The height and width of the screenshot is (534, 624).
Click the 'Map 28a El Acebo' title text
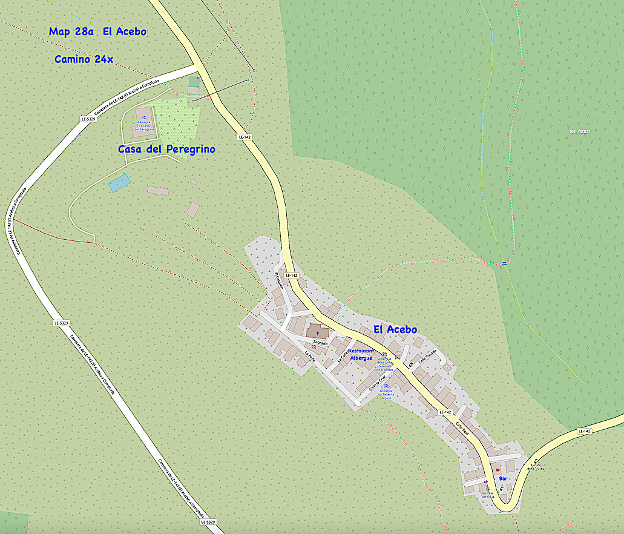tap(97, 31)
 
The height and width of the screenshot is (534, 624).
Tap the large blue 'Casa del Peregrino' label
tap(166, 149)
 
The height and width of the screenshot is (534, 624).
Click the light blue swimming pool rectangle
tap(119, 183)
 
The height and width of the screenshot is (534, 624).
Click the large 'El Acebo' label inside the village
tap(395, 329)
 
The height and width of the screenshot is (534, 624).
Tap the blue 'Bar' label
tap(502, 479)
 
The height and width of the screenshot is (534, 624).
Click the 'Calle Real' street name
tap(462, 427)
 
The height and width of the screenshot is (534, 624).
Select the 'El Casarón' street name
tap(279, 282)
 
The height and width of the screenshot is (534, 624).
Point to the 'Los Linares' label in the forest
tap(580, 131)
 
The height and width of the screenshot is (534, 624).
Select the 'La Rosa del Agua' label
tap(488, 494)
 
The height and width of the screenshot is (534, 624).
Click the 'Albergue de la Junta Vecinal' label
tap(386, 363)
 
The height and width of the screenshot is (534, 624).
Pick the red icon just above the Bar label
tap(498, 470)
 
